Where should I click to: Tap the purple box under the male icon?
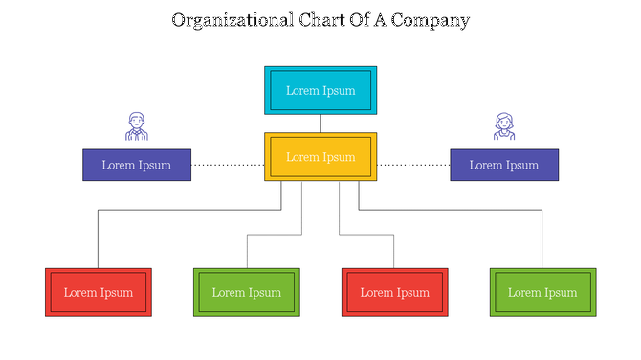point(136,165)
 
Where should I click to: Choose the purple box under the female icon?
point(504,165)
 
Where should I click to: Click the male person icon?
point(137,126)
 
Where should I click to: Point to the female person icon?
point(504,126)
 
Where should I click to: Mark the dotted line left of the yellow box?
point(228,165)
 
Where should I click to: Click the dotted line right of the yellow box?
point(413,165)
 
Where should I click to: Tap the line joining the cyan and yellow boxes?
point(320,124)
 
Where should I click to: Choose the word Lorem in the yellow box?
point(302,157)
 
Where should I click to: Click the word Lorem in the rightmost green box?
point(524,292)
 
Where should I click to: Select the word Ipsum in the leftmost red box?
point(117,292)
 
